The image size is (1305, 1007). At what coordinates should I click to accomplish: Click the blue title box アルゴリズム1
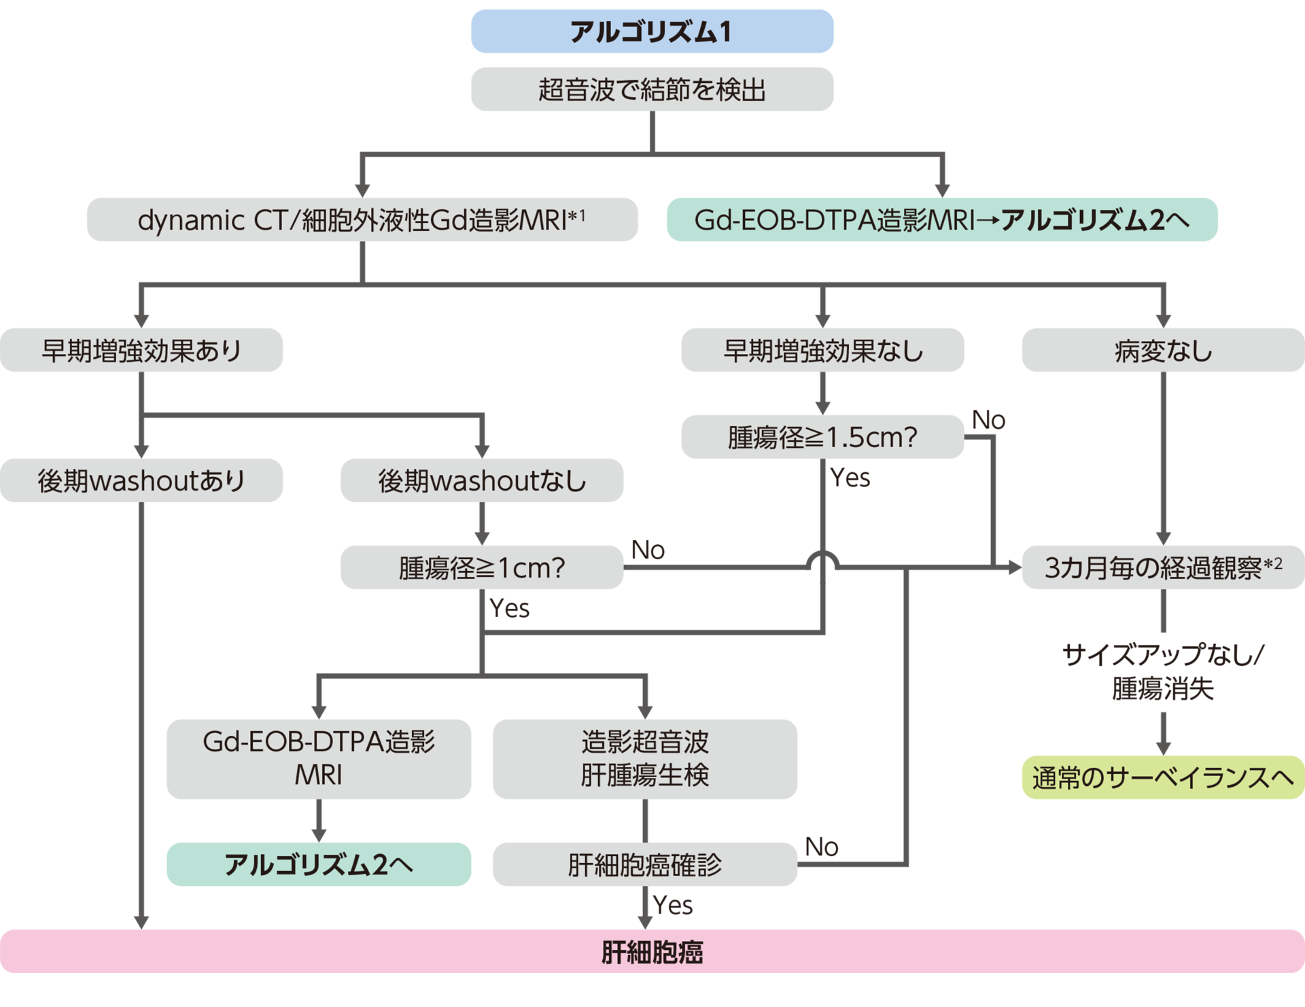[652, 31]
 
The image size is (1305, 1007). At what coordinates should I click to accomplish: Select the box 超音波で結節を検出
[652, 89]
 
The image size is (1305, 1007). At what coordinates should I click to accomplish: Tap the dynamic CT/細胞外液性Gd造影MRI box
[362, 219]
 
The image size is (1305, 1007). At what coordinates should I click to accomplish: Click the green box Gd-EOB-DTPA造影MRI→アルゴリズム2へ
[941, 219]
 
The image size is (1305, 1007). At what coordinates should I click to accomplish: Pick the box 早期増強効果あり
[141, 350]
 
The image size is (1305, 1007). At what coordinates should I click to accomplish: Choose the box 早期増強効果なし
[822, 350]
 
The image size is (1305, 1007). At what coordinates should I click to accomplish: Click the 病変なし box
[1163, 350]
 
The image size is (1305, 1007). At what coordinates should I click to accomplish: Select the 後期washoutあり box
[141, 480]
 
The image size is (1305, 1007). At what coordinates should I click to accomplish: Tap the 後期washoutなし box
[482, 480]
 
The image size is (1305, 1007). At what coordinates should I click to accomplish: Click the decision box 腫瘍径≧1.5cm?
[822, 437]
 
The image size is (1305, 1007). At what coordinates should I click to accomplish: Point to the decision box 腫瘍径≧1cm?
[482, 567]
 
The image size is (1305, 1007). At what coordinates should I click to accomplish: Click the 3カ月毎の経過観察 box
[1163, 567]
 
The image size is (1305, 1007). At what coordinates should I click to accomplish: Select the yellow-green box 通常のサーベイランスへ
[1163, 777]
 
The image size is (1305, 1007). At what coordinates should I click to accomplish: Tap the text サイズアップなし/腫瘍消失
[1163, 671]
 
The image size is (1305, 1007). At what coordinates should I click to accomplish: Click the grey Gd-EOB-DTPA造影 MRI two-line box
[319, 758]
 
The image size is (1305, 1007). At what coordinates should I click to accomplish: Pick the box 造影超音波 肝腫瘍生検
[644, 758]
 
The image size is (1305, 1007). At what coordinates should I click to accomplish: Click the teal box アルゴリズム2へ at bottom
[319, 864]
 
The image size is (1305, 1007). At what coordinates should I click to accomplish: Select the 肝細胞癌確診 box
[644, 864]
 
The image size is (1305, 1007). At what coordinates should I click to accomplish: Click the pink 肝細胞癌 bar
[652, 951]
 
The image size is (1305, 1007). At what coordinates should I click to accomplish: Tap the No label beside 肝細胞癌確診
[821, 847]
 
